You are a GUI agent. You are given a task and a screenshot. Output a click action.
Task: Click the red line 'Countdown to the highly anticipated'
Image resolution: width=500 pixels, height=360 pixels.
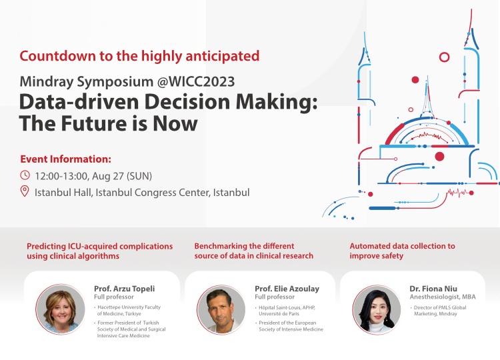coord(139,55)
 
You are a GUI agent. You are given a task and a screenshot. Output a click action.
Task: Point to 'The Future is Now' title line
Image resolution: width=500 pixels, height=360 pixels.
coord(109,124)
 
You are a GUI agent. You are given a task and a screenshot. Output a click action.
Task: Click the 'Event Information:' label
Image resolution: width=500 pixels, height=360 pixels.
coord(65,159)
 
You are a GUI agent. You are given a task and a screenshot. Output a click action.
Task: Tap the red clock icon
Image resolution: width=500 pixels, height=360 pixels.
coord(25,176)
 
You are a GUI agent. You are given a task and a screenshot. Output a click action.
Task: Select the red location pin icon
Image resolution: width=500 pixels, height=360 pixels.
coord(25,193)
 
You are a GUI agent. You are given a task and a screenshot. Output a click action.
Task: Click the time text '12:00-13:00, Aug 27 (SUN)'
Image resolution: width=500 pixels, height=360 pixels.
coord(94,176)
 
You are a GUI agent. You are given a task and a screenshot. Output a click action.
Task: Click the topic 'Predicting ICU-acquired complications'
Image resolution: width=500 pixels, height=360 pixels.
coord(99,246)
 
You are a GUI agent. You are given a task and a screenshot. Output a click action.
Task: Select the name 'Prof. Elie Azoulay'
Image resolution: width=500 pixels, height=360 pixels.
coord(287,289)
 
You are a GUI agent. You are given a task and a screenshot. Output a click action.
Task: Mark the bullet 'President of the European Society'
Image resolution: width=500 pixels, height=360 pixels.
coord(291,326)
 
